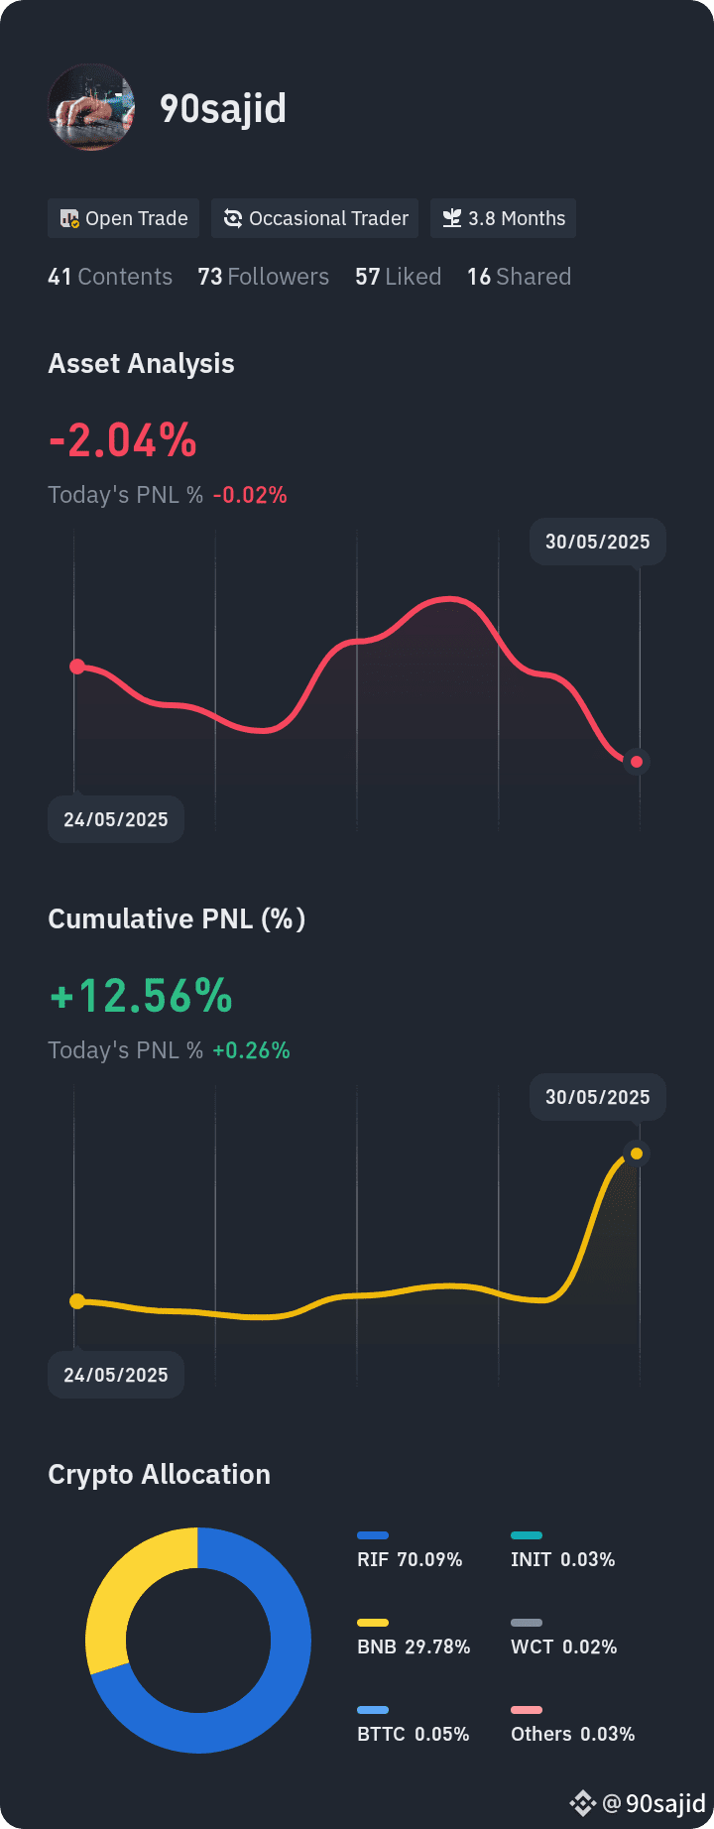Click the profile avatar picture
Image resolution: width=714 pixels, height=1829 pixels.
[x=91, y=107]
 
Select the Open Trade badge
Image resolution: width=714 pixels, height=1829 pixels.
[x=124, y=218]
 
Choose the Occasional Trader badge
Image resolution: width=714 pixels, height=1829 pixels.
[x=315, y=218]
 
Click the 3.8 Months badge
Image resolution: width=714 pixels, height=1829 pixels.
[x=504, y=218]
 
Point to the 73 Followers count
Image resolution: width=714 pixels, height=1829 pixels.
[x=264, y=277]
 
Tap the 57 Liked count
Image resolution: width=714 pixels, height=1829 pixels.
[x=399, y=277]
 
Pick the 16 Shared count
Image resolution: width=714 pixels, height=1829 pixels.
[x=520, y=277]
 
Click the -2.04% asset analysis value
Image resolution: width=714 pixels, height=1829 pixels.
[x=123, y=440]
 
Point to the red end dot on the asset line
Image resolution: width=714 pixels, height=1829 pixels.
[x=637, y=762]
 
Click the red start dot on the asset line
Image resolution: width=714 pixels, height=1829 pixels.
[x=77, y=667]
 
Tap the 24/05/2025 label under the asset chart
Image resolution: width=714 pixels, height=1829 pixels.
[x=116, y=819]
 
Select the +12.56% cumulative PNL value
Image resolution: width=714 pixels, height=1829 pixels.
[x=141, y=996]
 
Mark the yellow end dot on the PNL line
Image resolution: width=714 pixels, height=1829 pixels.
[x=637, y=1154]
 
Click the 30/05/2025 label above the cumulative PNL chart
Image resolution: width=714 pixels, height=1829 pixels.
[x=598, y=1097]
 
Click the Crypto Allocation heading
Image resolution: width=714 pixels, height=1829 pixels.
[x=160, y=1475]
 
